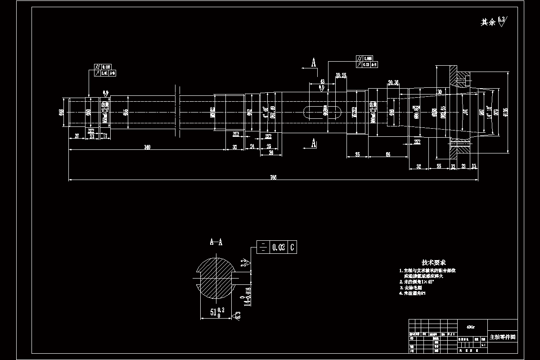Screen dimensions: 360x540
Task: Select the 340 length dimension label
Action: [147, 147]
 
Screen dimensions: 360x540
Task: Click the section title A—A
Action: [216, 243]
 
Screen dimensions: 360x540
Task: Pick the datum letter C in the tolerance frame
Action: [292, 247]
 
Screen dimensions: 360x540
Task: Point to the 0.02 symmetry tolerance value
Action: [279, 247]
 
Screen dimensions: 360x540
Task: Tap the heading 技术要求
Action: [433, 262]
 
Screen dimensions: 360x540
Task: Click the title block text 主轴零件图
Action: [502, 337]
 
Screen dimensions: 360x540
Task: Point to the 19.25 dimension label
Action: [341, 75]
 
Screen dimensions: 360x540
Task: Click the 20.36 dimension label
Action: [393, 82]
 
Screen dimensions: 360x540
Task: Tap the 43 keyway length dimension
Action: [322, 81]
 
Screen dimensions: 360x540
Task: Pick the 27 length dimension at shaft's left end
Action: [76, 135]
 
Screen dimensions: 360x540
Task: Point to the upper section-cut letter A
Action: [314, 62]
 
